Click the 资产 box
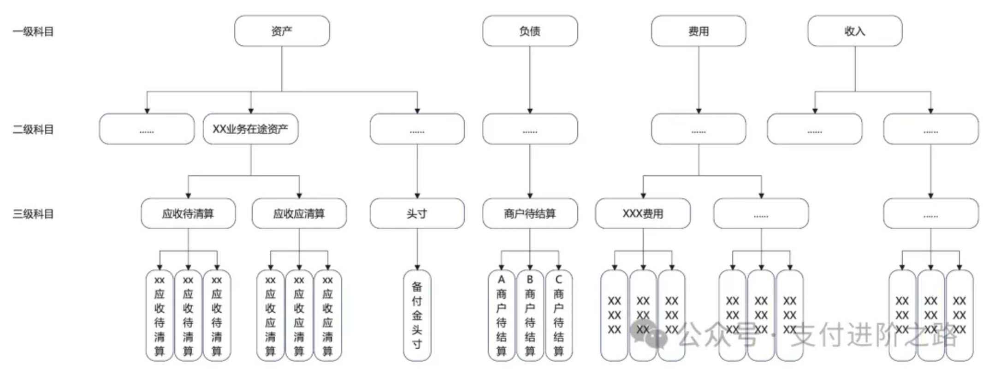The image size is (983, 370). (282, 31)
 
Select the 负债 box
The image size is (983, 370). (530, 31)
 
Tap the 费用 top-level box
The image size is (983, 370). (698, 31)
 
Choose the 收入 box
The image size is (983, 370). (854, 31)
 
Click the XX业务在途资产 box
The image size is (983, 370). (250, 129)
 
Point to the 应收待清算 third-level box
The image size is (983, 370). (188, 214)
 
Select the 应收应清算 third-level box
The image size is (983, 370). (299, 214)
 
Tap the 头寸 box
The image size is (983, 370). (417, 214)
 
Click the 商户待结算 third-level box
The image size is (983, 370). (530, 214)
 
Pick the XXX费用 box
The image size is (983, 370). (643, 214)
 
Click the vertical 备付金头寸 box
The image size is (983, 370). (417, 315)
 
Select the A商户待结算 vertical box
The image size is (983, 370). (501, 315)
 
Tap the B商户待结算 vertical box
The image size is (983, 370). (530, 315)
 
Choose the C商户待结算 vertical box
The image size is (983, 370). (558, 315)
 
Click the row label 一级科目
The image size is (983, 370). (33, 31)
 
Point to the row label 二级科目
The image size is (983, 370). (33, 129)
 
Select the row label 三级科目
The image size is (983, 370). (33, 214)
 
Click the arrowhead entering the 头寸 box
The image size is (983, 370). (417, 196)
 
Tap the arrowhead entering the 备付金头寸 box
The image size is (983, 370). (417, 268)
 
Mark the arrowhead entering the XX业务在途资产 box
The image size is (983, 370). (251, 111)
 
